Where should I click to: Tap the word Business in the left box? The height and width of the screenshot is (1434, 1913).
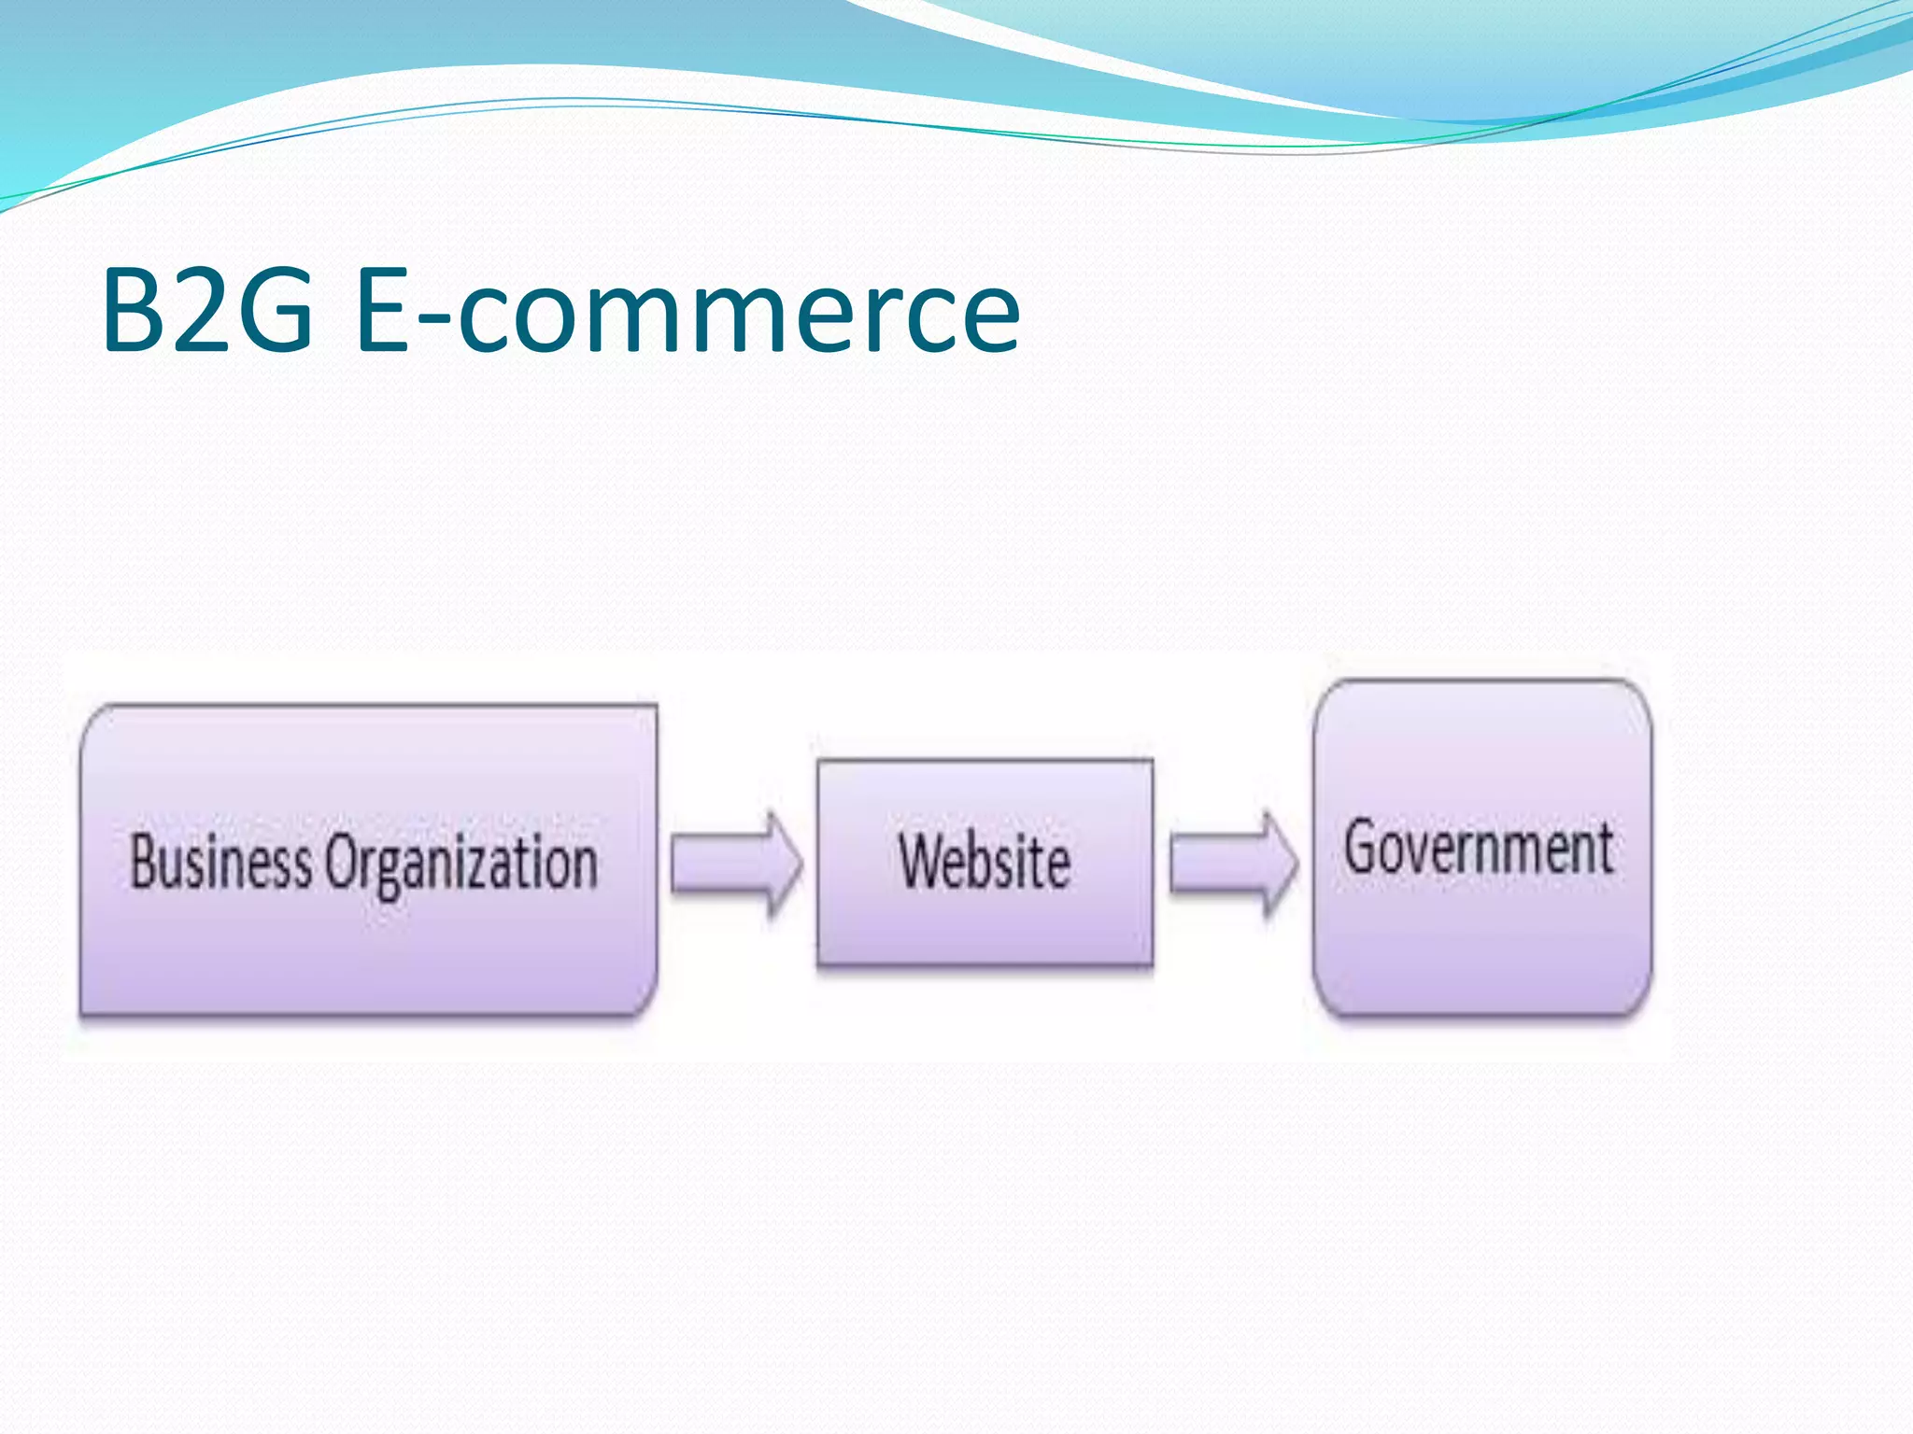(x=220, y=861)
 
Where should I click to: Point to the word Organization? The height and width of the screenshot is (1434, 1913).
(x=461, y=863)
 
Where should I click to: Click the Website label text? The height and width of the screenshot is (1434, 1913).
(x=985, y=861)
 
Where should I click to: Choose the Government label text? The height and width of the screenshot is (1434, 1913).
(x=1479, y=848)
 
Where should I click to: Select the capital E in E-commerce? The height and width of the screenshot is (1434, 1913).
(x=383, y=310)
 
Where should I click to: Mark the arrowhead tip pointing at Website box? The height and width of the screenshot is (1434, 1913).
(x=801, y=863)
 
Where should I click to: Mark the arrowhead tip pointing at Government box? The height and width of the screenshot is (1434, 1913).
(x=1297, y=863)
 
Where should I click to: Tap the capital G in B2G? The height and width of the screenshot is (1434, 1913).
(x=271, y=310)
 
